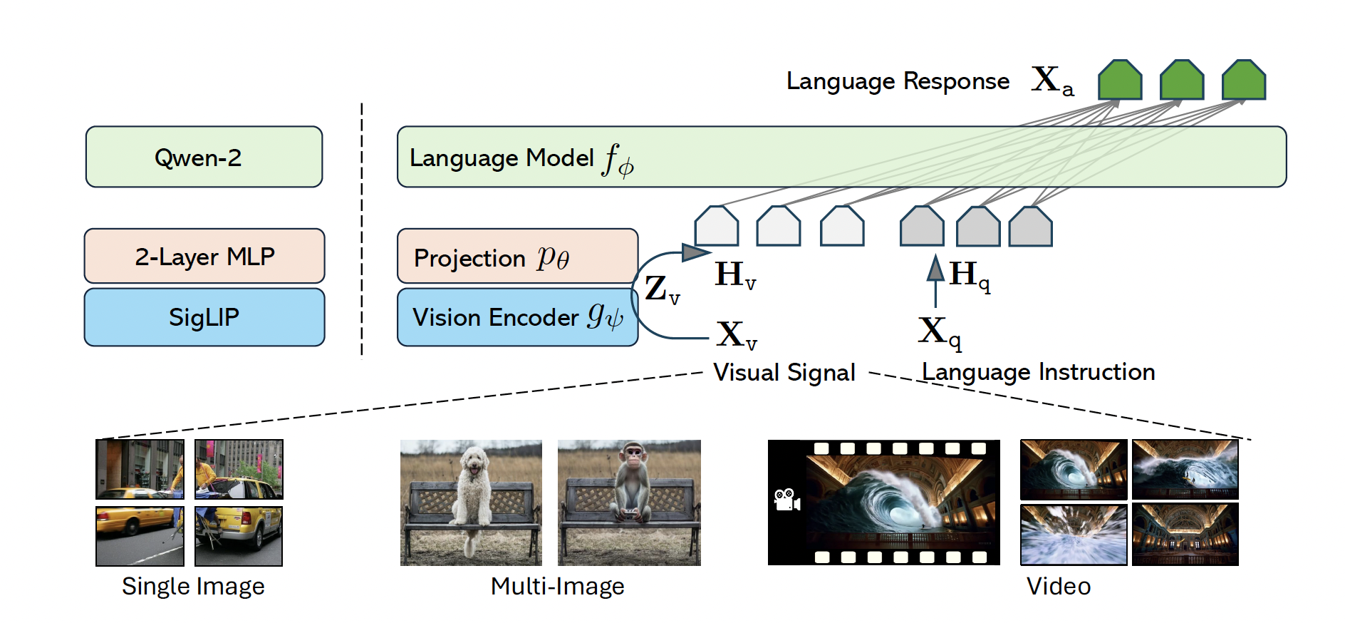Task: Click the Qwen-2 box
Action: (x=204, y=157)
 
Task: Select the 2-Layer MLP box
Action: (x=204, y=256)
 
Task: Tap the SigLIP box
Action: (x=204, y=317)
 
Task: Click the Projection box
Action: (x=517, y=256)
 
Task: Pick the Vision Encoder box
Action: (x=517, y=317)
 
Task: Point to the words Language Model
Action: (x=502, y=158)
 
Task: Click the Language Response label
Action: (x=898, y=81)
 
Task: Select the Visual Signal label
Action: (x=784, y=372)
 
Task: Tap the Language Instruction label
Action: (x=1038, y=371)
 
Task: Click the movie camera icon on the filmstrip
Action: (x=786, y=499)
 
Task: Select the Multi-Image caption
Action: (x=557, y=586)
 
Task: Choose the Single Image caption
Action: (x=193, y=586)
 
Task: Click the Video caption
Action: (x=1059, y=586)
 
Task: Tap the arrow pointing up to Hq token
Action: (x=935, y=281)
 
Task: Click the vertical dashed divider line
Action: (x=362, y=231)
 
